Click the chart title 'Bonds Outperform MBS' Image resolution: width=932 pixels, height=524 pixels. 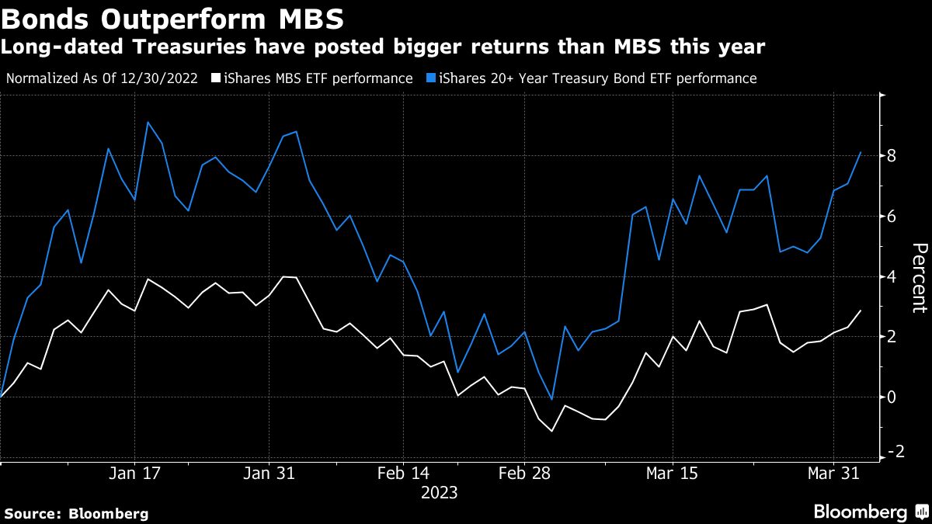point(173,17)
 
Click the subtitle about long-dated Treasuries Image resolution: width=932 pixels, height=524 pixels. point(383,47)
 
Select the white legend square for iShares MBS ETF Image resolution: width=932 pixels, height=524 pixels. point(217,78)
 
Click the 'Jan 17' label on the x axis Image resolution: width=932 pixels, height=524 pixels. point(134,473)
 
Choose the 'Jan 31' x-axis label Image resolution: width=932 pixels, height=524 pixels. point(268,473)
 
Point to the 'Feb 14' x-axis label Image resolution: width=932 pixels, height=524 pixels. point(402,473)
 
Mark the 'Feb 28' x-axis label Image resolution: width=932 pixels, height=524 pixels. point(523,473)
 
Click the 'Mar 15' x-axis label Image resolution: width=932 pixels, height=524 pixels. point(672,473)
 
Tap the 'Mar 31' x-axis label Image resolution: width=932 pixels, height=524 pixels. point(833,473)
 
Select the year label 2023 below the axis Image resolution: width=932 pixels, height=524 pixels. point(439,493)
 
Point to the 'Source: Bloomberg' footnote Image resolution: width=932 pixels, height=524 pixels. point(76,513)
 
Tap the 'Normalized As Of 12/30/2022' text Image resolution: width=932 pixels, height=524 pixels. point(102,78)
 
